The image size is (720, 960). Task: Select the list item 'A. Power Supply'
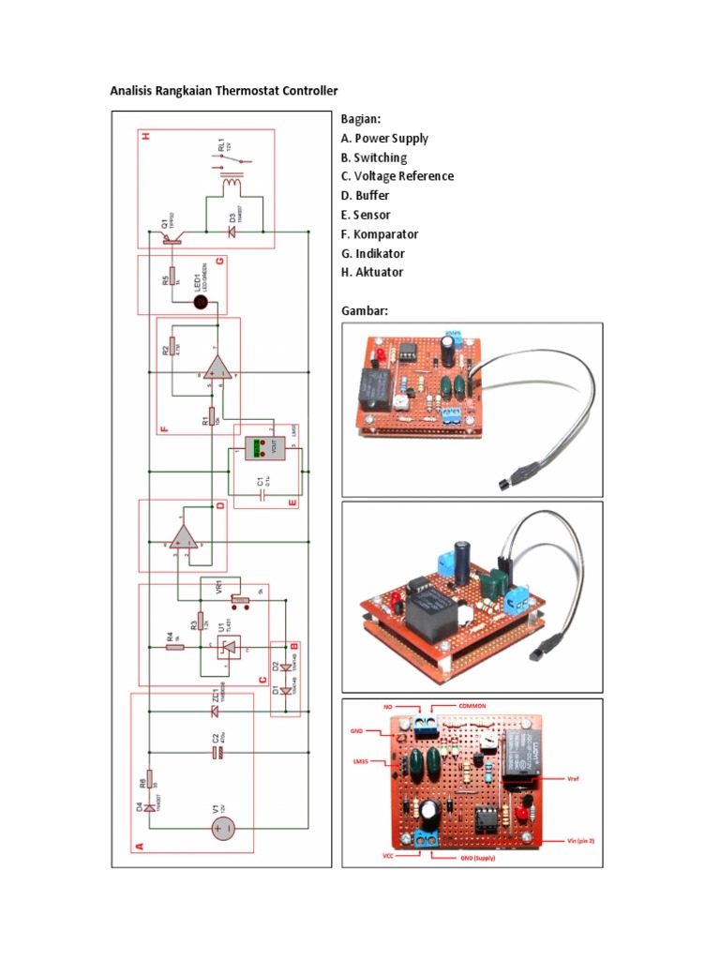(x=385, y=139)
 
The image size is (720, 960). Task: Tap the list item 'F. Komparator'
(x=380, y=234)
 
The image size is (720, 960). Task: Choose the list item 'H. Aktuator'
(x=373, y=273)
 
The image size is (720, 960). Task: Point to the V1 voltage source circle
(x=223, y=828)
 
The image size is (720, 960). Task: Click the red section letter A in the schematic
(x=142, y=846)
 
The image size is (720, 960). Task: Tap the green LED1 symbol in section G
(x=200, y=303)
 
